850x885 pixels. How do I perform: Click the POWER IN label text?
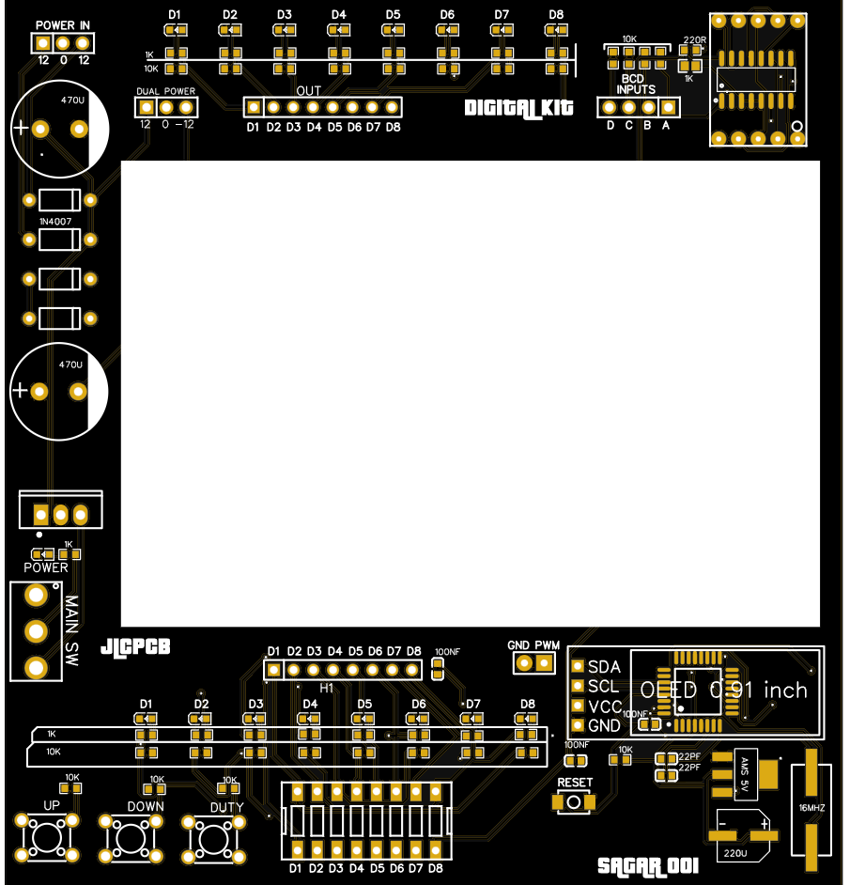63,25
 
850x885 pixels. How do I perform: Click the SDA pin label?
603,666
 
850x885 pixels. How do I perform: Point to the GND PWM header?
533,663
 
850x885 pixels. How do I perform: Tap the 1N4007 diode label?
55,221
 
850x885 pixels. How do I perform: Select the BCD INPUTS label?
637,85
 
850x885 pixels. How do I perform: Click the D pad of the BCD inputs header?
610,107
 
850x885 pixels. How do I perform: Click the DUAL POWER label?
166,91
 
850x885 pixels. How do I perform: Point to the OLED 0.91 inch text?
723,691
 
